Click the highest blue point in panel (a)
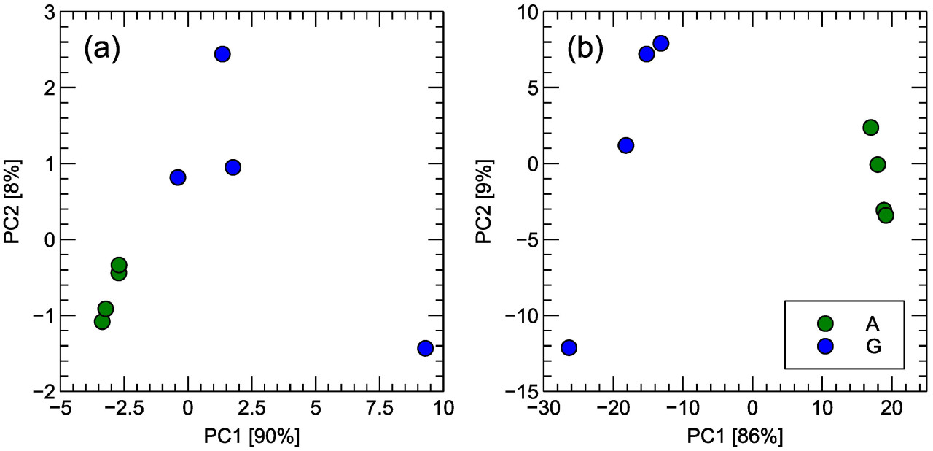click(222, 54)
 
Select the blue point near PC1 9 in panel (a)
click(425, 348)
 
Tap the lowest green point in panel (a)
click(102, 321)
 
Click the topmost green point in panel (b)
click(870, 128)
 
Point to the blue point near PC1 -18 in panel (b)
click(625, 145)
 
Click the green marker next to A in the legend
click(825, 323)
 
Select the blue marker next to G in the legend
click(825, 347)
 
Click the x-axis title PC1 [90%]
click(252, 436)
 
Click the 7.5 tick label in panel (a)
click(379, 407)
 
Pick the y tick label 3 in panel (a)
click(47, 12)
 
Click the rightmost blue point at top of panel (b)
click(661, 43)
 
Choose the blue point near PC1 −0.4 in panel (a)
click(177, 177)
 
